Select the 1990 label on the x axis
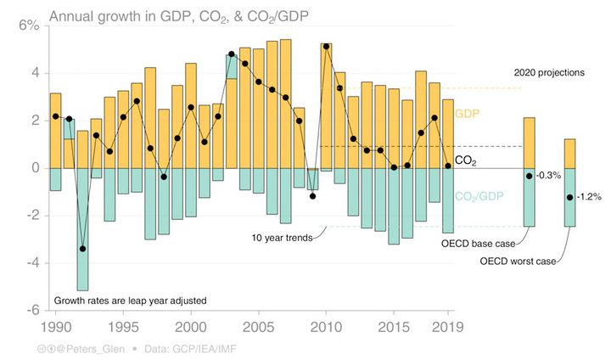55,325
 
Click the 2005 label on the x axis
259,325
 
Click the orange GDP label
467,113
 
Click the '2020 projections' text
549,73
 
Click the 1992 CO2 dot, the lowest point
82,249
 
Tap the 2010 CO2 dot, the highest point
327,47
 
